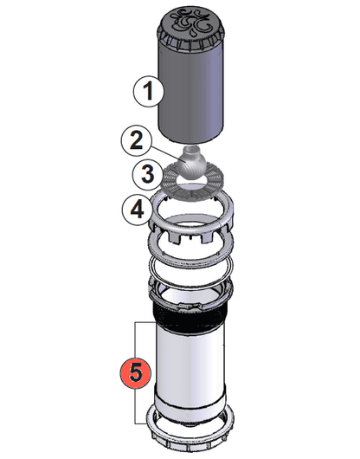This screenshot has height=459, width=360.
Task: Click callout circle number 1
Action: click(x=149, y=89)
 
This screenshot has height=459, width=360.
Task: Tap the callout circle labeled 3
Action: click(x=149, y=173)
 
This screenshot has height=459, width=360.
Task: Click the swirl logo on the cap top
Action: click(x=191, y=21)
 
